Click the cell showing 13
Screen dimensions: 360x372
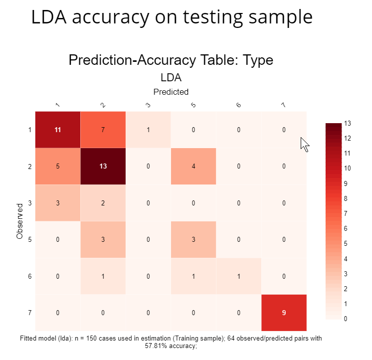click(103, 166)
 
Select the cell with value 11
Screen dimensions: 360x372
click(57, 130)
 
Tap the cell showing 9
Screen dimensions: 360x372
click(284, 313)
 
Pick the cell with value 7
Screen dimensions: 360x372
click(103, 130)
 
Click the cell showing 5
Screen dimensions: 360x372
click(57, 166)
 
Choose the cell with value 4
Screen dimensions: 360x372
click(193, 166)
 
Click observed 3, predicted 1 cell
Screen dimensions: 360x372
click(57, 203)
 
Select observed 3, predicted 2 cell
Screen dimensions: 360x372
click(103, 203)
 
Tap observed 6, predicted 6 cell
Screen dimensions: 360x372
click(238, 276)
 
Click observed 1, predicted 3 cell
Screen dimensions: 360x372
click(148, 130)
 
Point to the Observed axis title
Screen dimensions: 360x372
click(19, 221)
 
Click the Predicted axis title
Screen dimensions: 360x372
click(171, 92)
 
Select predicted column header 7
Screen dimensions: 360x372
click(284, 105)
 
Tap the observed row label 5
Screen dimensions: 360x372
click(30, 239)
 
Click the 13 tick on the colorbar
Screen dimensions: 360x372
click(348, 123)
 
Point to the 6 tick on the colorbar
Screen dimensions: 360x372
click(348, 229)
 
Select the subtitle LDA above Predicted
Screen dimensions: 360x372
click(171, 78)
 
